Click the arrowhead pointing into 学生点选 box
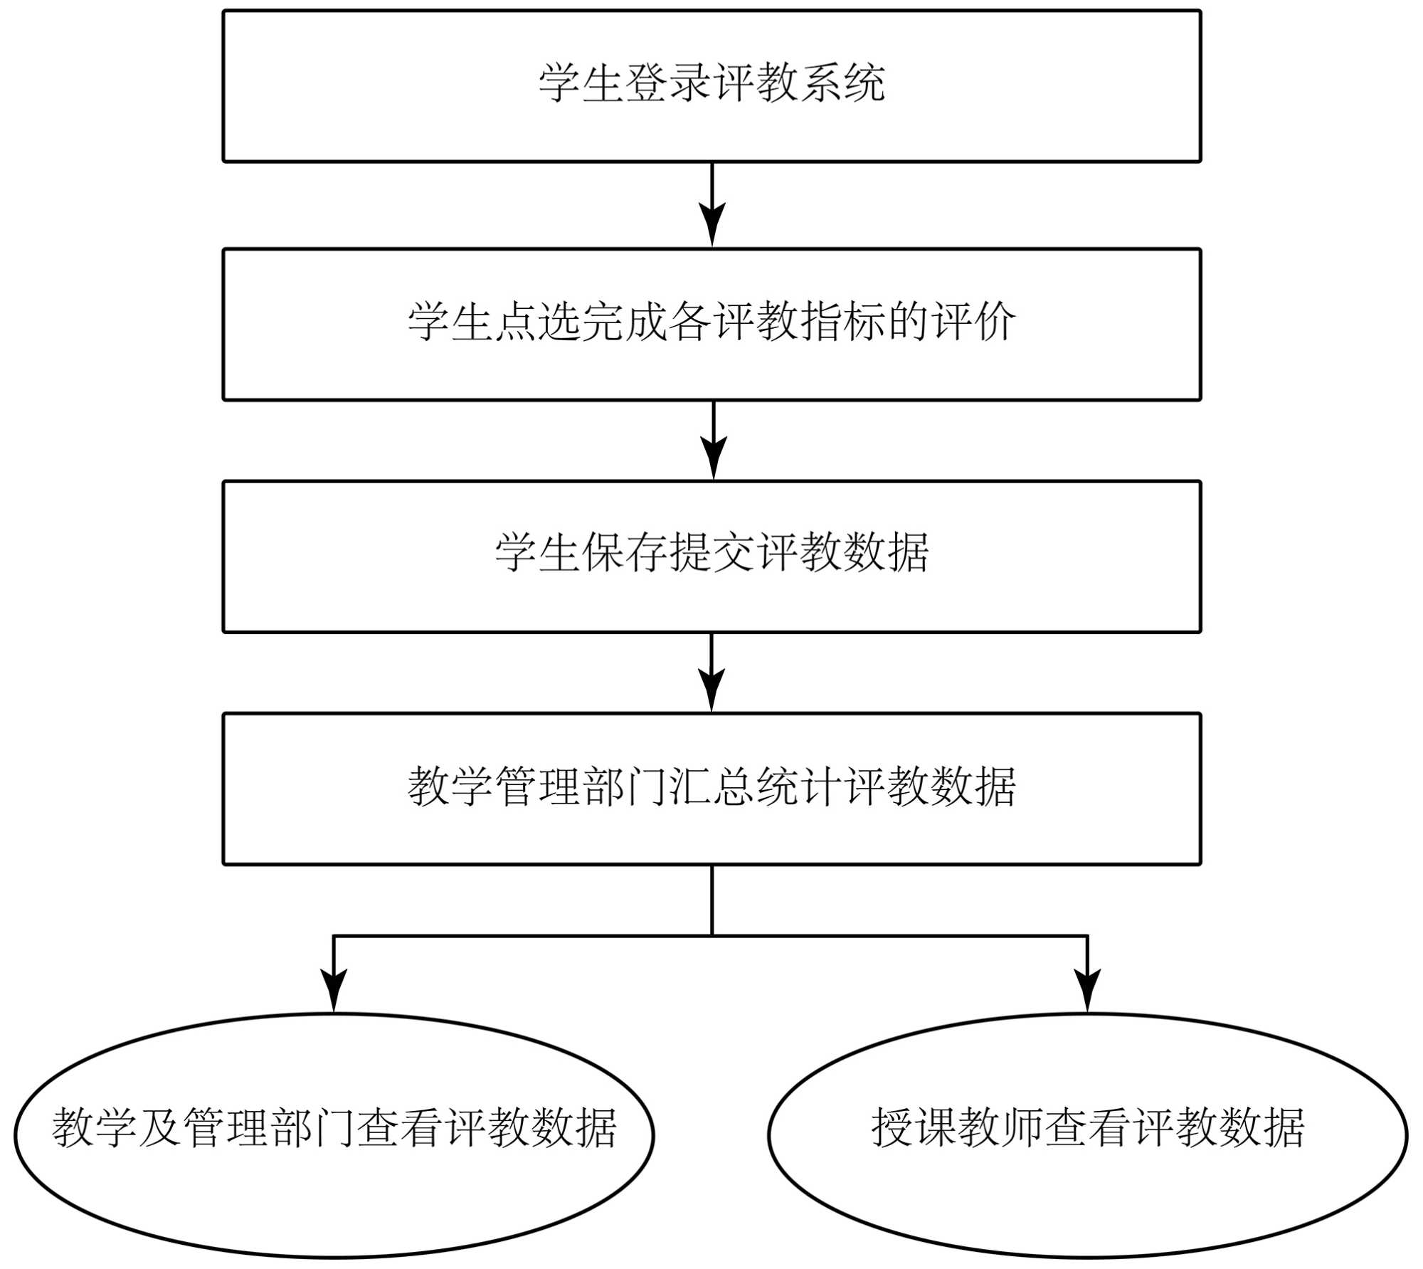click(712, 224)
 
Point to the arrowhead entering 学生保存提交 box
click(714, 458)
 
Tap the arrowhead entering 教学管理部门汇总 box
click(711, 689)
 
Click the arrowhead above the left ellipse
click(334, 989)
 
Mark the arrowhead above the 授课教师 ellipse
click(1087, 989)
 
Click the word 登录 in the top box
click(668, 83)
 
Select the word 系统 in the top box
click(842, 83)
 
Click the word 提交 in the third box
click(711, 553)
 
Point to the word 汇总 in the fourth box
click(711, 786)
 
